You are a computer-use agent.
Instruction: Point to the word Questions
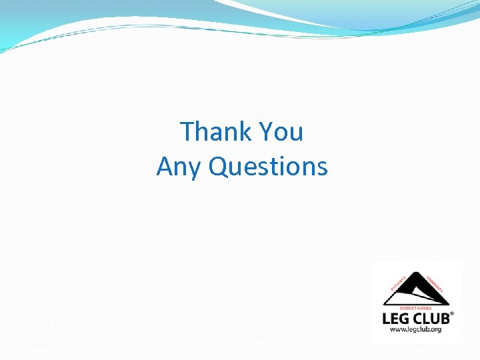click(268, 167)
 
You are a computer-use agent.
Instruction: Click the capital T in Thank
click(188, 132)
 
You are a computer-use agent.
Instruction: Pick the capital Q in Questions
click(218, 167)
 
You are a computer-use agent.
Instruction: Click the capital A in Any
click(165, 167)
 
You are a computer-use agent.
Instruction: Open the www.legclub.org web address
click(417, 330)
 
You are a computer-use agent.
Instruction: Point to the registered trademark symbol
click(453, 313)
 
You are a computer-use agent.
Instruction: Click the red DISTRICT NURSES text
click(417, 308)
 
